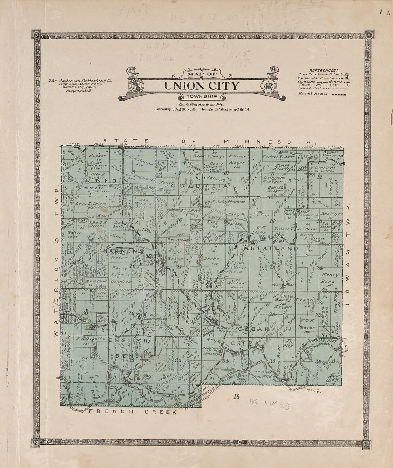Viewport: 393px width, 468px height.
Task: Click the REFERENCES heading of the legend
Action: (x=323, y=70)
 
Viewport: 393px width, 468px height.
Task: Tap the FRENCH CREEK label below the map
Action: (x=133, y=412)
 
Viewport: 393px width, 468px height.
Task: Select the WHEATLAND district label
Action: (x=275, y=248)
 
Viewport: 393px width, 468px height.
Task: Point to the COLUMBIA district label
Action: (x=199, y=186)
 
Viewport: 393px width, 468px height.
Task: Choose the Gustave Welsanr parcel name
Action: (x=279, y=156)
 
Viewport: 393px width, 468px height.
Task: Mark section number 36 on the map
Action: (x=319, y=361)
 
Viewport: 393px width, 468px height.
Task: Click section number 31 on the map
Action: (x=85, y=359)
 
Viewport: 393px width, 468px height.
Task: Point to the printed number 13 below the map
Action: (x=236, y=396)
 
